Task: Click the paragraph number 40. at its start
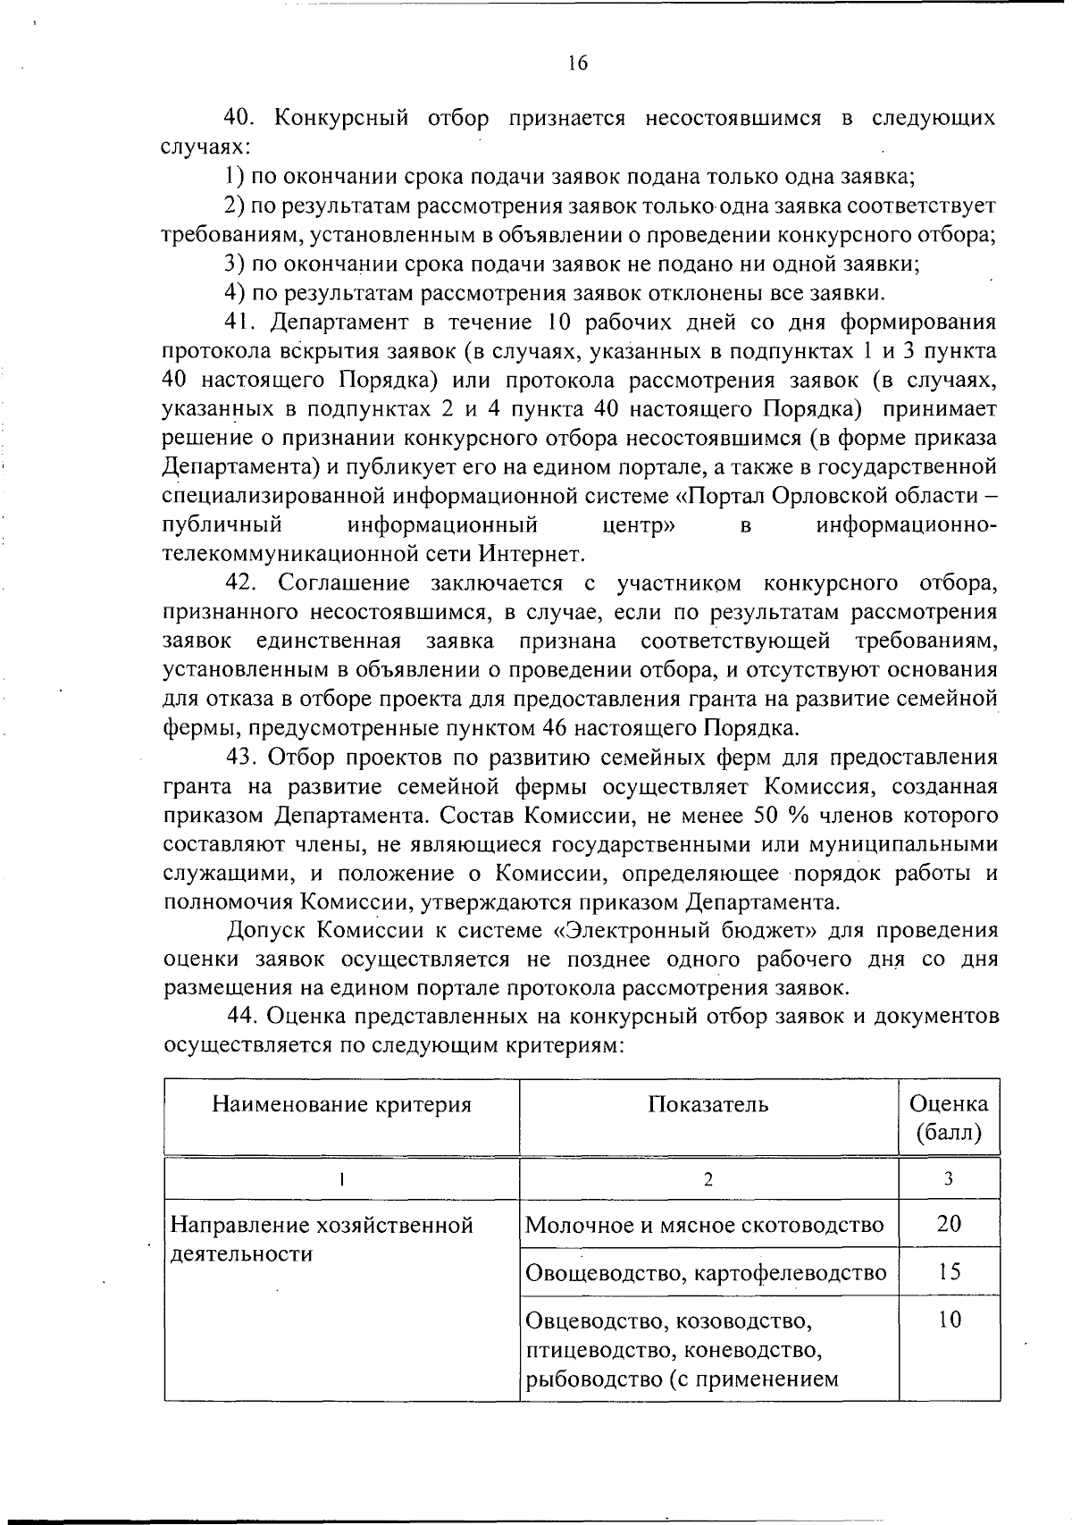(x=241, y=118)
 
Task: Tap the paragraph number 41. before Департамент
(x=241, y=322)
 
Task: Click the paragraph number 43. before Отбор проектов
(x=241, y=758)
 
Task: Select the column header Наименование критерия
(x=341, y=1105)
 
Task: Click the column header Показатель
(x=708, y=1105)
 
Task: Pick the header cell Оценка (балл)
(x=949, y=1119)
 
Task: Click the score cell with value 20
(x=949, y=1224)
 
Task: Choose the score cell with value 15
(x=949, y=1271)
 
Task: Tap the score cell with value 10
(x=949, y=1320)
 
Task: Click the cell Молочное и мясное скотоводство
(x=704, y=1225)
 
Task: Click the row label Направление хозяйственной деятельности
(x=321, y=1238)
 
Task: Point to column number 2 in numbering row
(x=708, y=1179)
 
